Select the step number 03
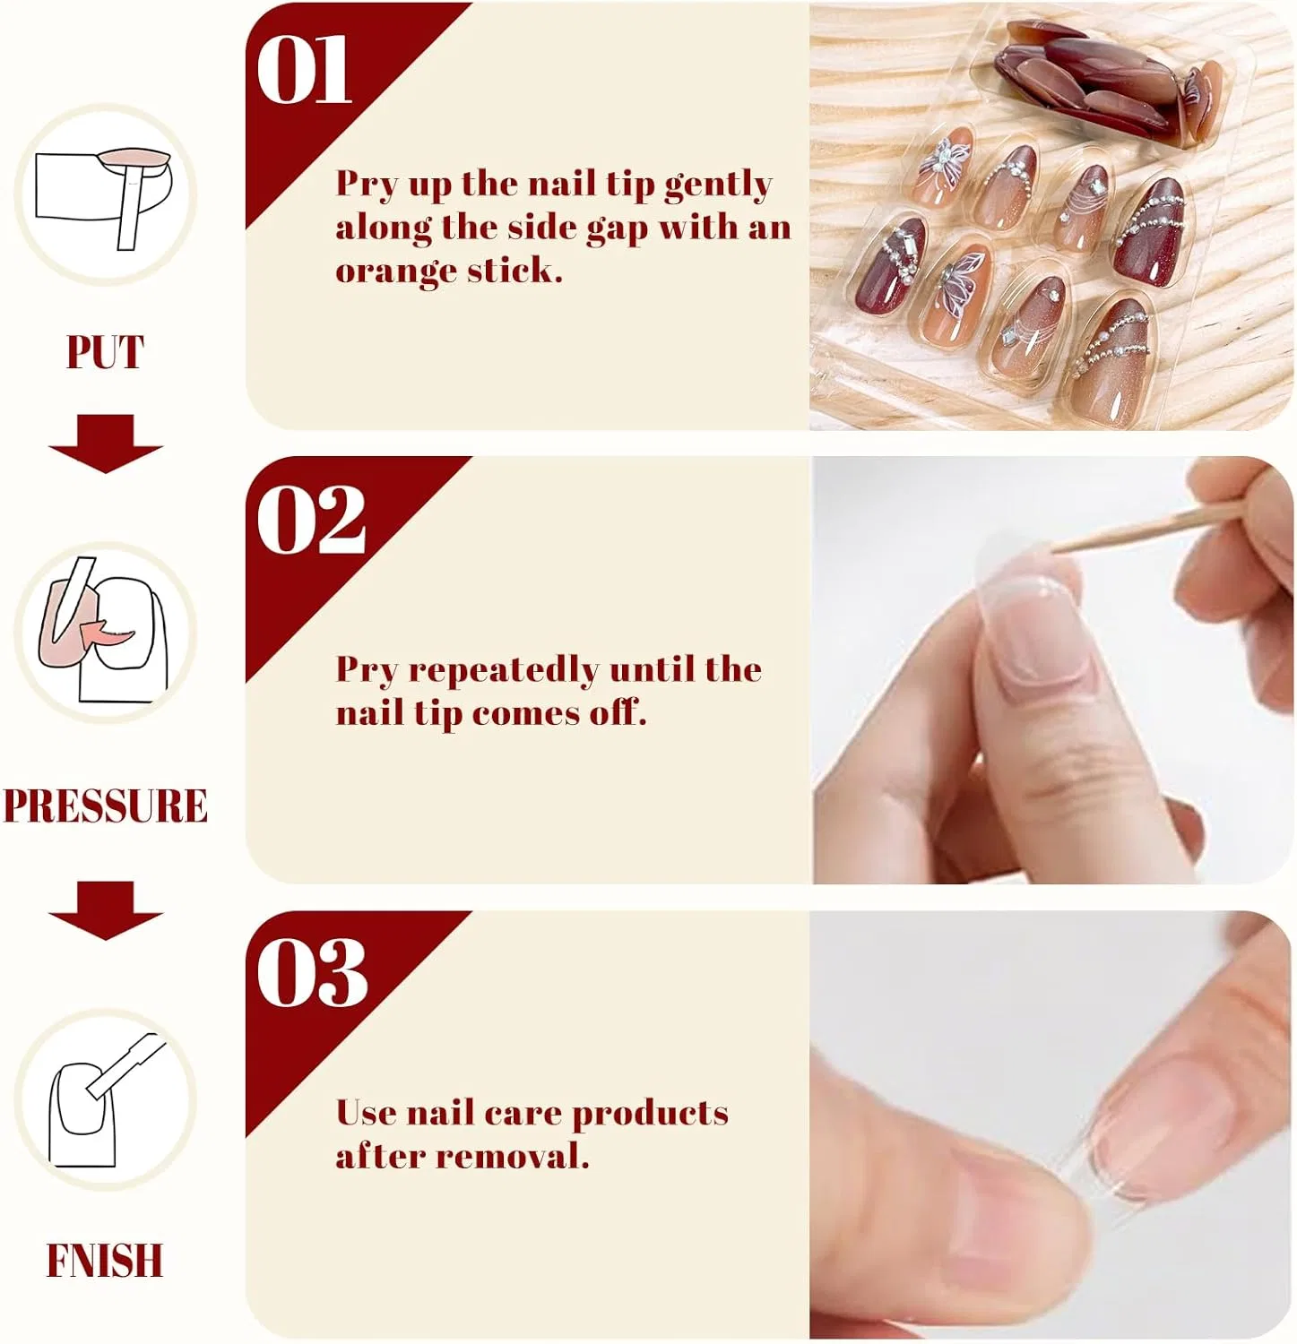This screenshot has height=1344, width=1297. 312,973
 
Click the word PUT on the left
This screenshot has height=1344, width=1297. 105,352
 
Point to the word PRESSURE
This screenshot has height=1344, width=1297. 106,806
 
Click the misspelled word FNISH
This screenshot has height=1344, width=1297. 105,1261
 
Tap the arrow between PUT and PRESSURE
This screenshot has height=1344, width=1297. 106,444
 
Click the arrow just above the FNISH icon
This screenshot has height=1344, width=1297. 106,910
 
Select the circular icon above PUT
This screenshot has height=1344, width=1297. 106,195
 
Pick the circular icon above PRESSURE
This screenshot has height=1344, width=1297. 106,633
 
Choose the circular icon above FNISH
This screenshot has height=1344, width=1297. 106,1099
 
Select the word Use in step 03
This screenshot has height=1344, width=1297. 366,1113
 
